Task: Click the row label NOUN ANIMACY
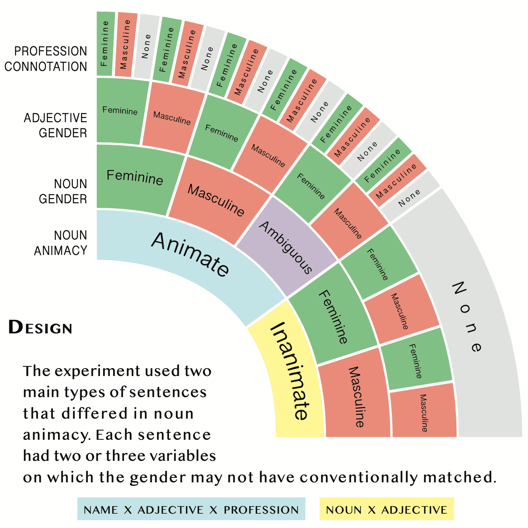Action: [61, 243]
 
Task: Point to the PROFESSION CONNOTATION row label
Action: [46, 58]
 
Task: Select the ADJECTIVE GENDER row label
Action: [55, 125]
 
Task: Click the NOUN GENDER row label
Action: [63, 191]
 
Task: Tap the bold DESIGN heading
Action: [40, 327]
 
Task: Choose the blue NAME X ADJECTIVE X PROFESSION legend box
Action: [191, 509]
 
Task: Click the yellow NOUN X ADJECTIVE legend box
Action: [387, 509]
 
